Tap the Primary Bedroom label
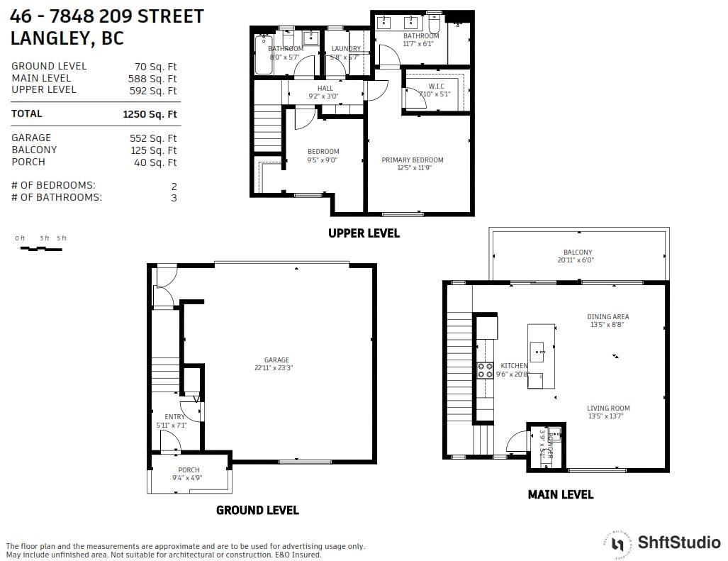[412, 160]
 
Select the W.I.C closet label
[436, 86]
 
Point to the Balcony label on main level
[577, 252]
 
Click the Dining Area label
[607, 317]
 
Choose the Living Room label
[607, 409]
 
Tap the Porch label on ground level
[189, 470]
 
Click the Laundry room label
[345, 49]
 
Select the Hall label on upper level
[325, 89]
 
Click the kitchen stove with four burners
[486, 370]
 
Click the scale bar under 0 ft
[41, 249]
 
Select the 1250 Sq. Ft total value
[150, 114]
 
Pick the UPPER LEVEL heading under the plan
[364, 233]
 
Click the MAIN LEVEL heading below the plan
[560, 494]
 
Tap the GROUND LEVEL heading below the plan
[257, 510]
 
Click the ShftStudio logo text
[678, 543]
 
